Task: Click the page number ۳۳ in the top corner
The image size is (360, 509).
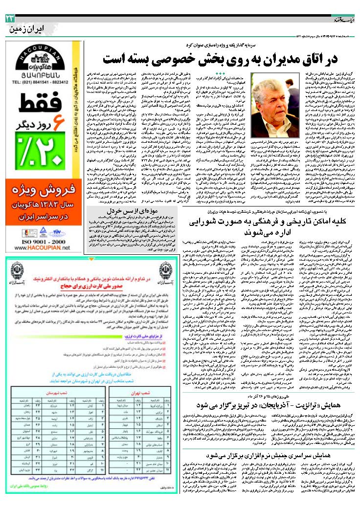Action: pyautogui.click(x=10, y=18)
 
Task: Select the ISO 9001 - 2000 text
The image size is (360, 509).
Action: pyautogui.click(x=43, y=241)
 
